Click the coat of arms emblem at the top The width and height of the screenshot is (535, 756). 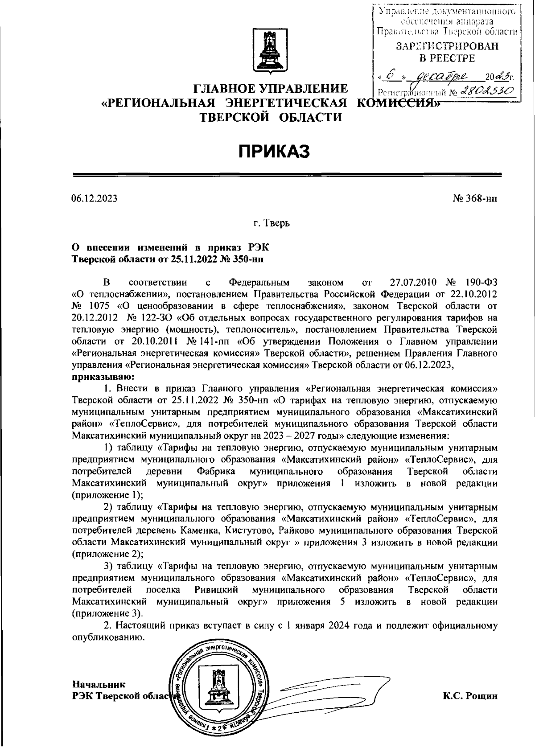click(267, 50)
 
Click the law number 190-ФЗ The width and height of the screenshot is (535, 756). click(481, 283)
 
